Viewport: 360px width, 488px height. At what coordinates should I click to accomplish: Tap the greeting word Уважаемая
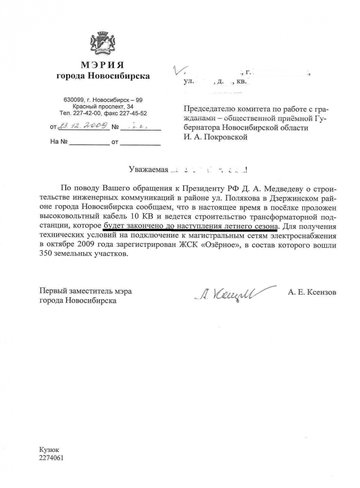[148, 170]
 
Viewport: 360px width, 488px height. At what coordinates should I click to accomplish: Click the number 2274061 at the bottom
[52, 457]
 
